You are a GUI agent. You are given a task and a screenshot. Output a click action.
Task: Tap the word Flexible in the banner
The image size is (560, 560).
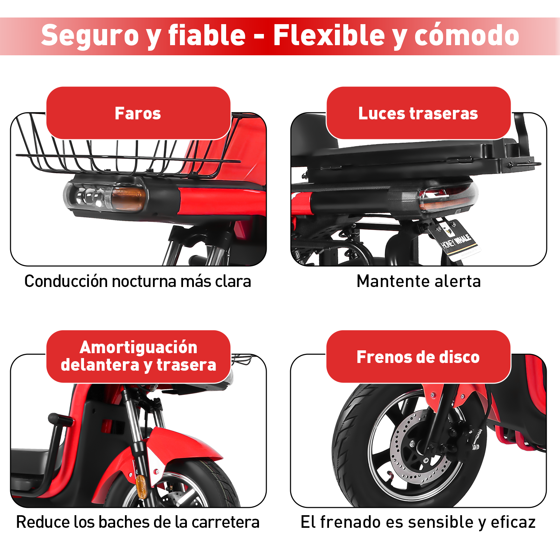click(x=329, y=36)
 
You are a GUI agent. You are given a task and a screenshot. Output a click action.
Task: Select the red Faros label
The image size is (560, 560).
click(x=138, y=113)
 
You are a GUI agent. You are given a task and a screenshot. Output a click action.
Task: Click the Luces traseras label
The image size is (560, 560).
click(x=418, y=113)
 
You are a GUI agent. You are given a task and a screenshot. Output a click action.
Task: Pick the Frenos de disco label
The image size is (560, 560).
click(x=418, y=357)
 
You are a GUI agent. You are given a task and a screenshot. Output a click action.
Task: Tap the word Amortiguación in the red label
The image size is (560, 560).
click(x=138, y=347)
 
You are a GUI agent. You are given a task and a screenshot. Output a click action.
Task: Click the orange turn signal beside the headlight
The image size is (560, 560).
click(x=128, y=197)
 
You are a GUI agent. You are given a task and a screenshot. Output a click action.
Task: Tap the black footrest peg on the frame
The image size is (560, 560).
click(x=58, y=419)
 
